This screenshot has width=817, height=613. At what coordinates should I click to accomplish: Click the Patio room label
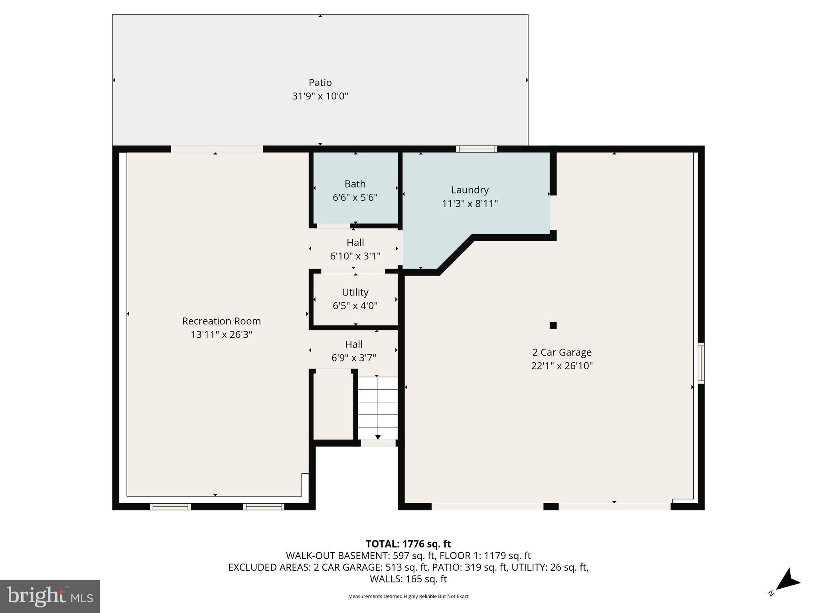tap(320, 83)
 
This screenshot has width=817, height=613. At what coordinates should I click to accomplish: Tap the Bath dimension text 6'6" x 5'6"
tap(355, 198)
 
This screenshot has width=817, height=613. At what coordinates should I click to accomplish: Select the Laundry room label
tap(470, 190)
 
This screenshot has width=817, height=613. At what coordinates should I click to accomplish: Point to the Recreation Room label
tap(221, 321)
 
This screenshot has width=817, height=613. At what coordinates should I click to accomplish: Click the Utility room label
tap(355, 293)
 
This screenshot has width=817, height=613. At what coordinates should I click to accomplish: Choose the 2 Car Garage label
tap(562, 352)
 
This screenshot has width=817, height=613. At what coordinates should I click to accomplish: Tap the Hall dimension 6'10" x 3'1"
tap(355, 256)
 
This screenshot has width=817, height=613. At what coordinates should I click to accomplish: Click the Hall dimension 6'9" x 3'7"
tap(354, 358)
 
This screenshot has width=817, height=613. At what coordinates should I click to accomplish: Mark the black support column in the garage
tap(553, 325)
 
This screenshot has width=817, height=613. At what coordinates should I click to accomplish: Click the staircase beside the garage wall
tap(378, 408)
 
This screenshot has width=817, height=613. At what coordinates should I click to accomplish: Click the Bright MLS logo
tap(50, 597)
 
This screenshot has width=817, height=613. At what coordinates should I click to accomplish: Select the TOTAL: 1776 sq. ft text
tap(408, 544)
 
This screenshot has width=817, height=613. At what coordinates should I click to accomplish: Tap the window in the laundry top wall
tap(477, 149)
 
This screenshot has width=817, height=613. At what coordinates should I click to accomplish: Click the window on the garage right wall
tap(701, 363)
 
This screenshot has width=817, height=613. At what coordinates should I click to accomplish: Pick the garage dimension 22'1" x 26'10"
tap(562, 366)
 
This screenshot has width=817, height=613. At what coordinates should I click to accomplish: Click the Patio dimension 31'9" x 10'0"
tap(320, 96)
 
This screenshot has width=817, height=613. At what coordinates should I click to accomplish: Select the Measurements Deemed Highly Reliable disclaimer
tap(408, 596)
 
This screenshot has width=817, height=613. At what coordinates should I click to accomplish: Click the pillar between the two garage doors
tap(551, 506)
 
